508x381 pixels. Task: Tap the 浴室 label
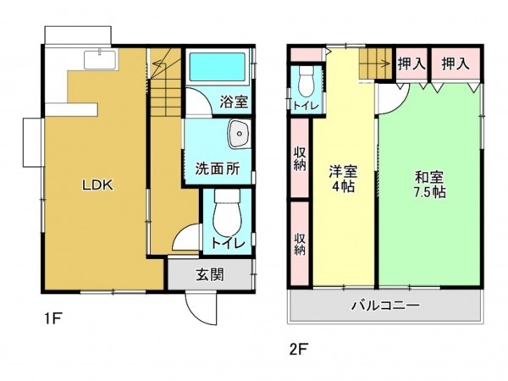(x=235, y=102)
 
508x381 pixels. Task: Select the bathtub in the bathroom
(x=215, y=67)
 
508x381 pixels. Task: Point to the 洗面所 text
(x=218, y=167)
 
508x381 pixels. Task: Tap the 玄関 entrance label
(x=210, y=274)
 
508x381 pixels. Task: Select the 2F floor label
(x=297, y=347)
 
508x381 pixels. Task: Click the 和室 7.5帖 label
(x=429, y=184)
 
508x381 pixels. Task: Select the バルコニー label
(x=385, y=305)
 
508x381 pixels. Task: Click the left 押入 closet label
(x=411, y=63)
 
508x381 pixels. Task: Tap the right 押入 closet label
(x=456, y=63)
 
